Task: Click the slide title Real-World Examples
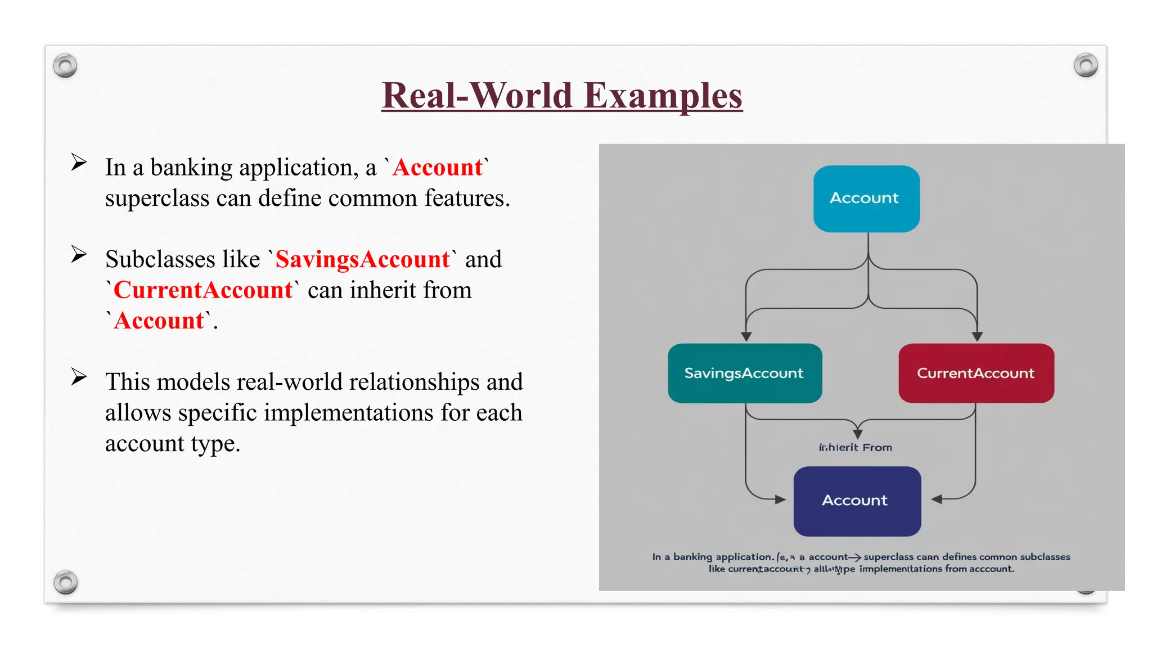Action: tap(562, 96)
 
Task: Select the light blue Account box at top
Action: tap(866, 199)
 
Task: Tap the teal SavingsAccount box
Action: tap(745, 373)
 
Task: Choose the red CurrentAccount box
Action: tap(976, 373)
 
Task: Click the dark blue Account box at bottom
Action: tap(857, 501)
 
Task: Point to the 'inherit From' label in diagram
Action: tap(856, 448)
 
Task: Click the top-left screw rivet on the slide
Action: tap(65, 66)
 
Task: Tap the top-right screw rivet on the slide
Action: tap(1086, 65)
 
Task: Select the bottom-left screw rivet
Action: tap(66, 582)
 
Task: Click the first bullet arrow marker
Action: tap(79, 163)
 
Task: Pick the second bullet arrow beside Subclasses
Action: tap(79, 254)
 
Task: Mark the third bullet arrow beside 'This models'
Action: tap(79, 376)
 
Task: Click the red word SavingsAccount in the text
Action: tap(363, 260)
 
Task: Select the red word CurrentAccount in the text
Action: tap(203, 290)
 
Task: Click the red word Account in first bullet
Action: tap(438, 168)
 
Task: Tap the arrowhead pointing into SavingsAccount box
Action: tap(746, 336)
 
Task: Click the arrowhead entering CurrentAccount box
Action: tap(977, 336)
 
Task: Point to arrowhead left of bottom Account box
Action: tap(780, 499)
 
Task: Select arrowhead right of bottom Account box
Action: tap(937, 499)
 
